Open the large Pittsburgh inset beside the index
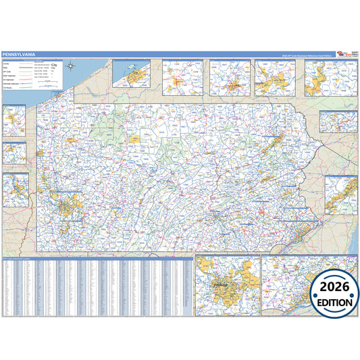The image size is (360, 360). [226, 286]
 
